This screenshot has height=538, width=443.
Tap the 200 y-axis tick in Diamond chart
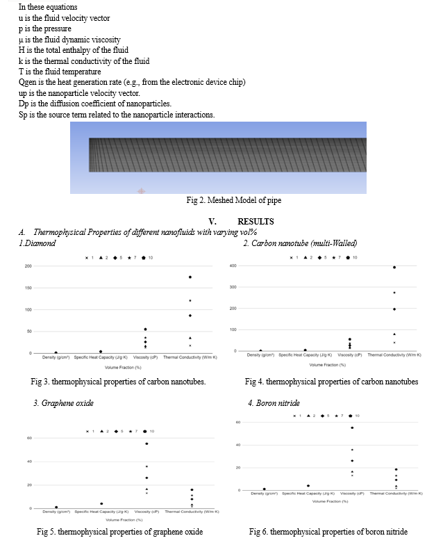click(x=28, y=266)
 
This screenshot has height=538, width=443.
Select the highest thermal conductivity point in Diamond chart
click(x=190, y=277)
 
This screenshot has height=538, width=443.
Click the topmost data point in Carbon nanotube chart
click(x=394, y=267)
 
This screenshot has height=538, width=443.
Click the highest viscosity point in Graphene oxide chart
click(x=147, y=443)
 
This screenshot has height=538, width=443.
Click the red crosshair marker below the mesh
click(x=142, y=190)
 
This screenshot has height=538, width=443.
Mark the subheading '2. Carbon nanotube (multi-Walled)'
click(x=300, y=243)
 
